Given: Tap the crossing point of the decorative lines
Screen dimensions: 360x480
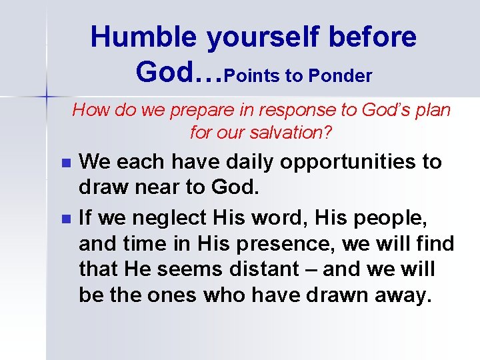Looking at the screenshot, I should point(46,97).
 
